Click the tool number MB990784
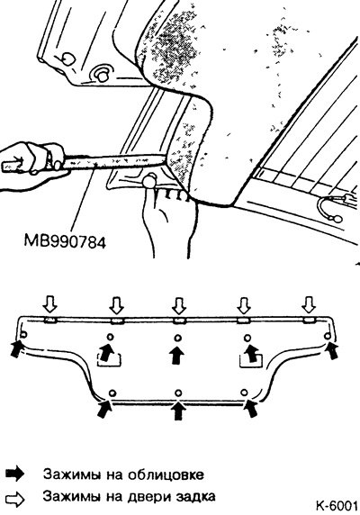65,242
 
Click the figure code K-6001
337,505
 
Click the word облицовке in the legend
166,474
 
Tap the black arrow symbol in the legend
15,474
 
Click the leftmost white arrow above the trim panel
49,304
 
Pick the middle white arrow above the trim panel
179,305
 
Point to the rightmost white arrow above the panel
309,304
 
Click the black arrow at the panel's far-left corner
17,348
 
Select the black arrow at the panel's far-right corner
331,350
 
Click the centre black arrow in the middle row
177,355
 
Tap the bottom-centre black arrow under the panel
178,411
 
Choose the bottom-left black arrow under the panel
104,408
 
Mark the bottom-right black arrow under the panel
251,408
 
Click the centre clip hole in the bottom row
178,393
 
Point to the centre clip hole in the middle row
178,338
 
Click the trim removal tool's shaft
115,161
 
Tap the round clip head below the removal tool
149,181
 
